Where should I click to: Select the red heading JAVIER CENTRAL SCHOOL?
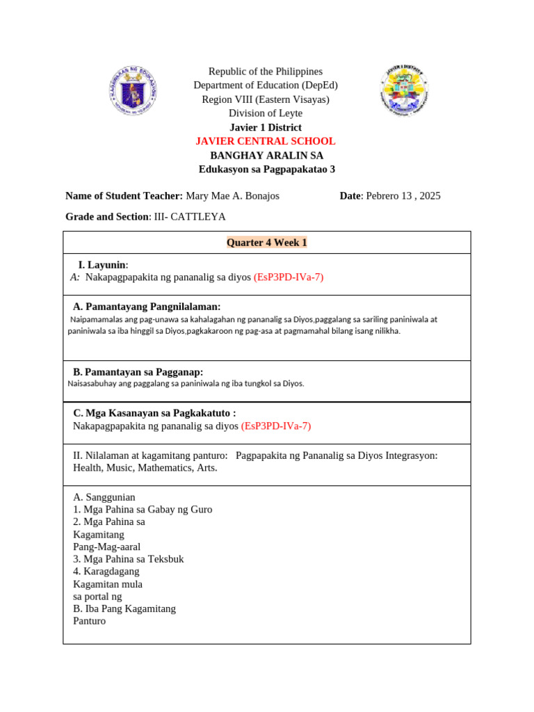pos(266,141)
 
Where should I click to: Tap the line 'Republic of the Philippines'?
pos(266,72)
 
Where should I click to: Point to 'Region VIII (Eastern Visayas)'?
pos(266,99)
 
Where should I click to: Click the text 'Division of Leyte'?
pos(266,113)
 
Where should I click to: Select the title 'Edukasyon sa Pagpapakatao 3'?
pos(267,169)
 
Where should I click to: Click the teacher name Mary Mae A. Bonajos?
pos(232,196)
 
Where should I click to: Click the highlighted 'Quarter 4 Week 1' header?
pos(266,243)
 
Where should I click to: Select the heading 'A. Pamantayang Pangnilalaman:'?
pos(147,307)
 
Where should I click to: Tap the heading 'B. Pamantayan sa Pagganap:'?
pos(138,372)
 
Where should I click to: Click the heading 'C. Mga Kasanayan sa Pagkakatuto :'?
pos(154,413)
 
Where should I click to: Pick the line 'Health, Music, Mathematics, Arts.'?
pos(145,468)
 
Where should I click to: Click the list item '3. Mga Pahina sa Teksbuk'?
pos(129,559)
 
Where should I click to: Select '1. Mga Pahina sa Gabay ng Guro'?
pos(143,510)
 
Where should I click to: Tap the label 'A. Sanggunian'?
pos(104,497)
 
